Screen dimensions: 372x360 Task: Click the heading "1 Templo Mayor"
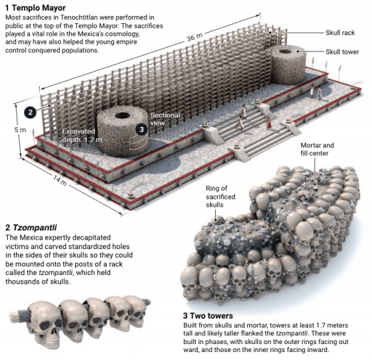tap(35, 8)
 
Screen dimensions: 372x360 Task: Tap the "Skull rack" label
tap(340, 33)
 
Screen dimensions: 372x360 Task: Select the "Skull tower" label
tap(342, 52)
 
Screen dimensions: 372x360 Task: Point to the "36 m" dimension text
tap(195, 37)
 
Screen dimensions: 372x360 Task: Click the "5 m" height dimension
tap(20, 130)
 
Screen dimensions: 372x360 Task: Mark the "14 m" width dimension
tap(60, 181)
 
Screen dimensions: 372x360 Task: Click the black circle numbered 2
tap(30, 112)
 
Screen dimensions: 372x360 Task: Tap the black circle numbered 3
tap(141, 130)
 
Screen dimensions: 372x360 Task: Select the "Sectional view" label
tap(165, 119)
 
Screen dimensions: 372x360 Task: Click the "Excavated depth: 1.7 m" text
tap(82, 135)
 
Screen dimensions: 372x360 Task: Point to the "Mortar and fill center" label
tap(317, 149)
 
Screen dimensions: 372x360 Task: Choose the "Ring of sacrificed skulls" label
tap(221, 197)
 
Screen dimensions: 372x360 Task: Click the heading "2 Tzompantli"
tap(31, 228)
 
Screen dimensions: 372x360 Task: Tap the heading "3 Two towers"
tap(208, 316)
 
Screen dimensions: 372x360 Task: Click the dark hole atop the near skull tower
tap(122, 116)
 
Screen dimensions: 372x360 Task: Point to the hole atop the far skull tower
tap(286, 51)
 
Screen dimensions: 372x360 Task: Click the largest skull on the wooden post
tap(45, 323)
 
